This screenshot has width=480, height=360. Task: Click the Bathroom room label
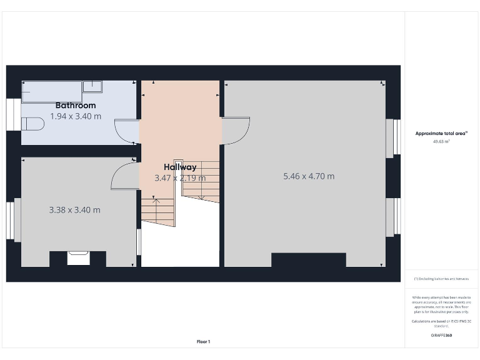pyautogui.click(x=76, y=106)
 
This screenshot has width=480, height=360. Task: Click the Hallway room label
pyautogui.click(x=180, y=167)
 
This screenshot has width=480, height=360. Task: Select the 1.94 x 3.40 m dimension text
pyautogui.click(x=76, y=116)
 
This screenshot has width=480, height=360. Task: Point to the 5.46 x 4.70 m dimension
pyautogui.click(x=309, y=176)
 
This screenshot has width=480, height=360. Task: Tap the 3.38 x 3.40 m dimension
pyautogui.click(x=74, y=210)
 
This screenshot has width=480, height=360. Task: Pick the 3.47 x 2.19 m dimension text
pyautogui.click(x=180, y=178)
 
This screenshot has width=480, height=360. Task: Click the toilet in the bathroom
pyautogui.click(x=32, y=124)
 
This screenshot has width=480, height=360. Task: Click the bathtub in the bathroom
pyautogui.click(x=52, y=91)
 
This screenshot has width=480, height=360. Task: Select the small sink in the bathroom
pyautogui.click(x=92, y=86)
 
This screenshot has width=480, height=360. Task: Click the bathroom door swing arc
pyautogui.click(x=127, y=131)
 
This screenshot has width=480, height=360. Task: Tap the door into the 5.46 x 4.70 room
pyautogui.click(x=236, y=131)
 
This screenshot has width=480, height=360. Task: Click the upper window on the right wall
pyautogui.click(x=394, y=137)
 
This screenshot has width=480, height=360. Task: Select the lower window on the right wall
pyautogui.click(x=394, y=217)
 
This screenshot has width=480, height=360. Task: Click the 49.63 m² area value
pyautogui.click(x=441, y=142)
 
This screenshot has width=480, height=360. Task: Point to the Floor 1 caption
pyautogui.click(x=204, y=341)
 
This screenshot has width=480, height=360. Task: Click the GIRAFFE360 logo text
pyautogui.click(x=441, y=336)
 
